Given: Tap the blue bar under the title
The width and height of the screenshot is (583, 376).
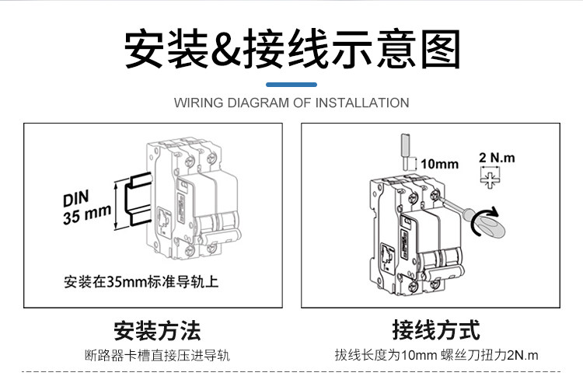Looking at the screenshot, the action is coord(291,85).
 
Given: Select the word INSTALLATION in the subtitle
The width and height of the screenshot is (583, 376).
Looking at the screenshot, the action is coord(362,103).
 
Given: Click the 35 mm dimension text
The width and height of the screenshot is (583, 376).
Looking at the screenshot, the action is coord(87,214).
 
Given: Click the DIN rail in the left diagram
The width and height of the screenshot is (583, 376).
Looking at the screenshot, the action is coord(139,199).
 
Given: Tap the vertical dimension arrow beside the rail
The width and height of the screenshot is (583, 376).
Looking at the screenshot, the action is coord(117,205).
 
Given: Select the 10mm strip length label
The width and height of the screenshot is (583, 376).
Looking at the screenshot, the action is coord(439,164).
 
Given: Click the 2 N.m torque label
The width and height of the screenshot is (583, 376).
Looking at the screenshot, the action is coord(497,158).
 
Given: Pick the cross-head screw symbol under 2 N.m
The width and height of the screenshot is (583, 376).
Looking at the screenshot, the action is coord(490,179).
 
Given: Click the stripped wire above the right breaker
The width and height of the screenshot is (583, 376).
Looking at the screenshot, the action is coord(405,151).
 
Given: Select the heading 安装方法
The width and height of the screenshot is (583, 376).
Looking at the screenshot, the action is coord(157,331).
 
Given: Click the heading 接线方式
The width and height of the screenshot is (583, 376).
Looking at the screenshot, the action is coord(436,330).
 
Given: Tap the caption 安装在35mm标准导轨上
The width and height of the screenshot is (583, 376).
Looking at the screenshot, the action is coord(141,282).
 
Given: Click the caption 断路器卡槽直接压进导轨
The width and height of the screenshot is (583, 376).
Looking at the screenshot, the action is coord(157,356).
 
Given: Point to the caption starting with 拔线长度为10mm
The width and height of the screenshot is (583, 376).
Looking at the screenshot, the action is coord(436,355).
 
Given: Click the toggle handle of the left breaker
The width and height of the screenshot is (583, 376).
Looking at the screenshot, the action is coord(219,235).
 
